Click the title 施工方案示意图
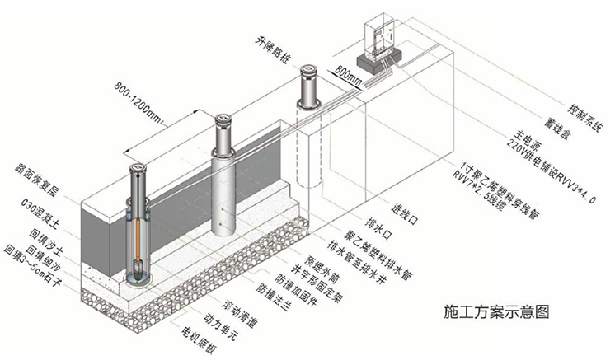tap(495, 311)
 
